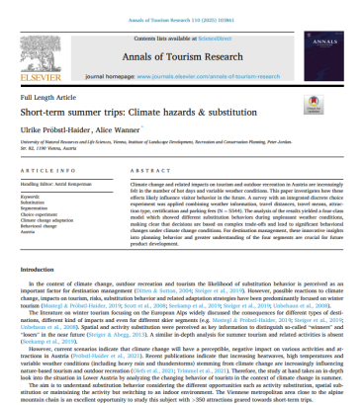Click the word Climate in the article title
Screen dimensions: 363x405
[166, 111]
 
